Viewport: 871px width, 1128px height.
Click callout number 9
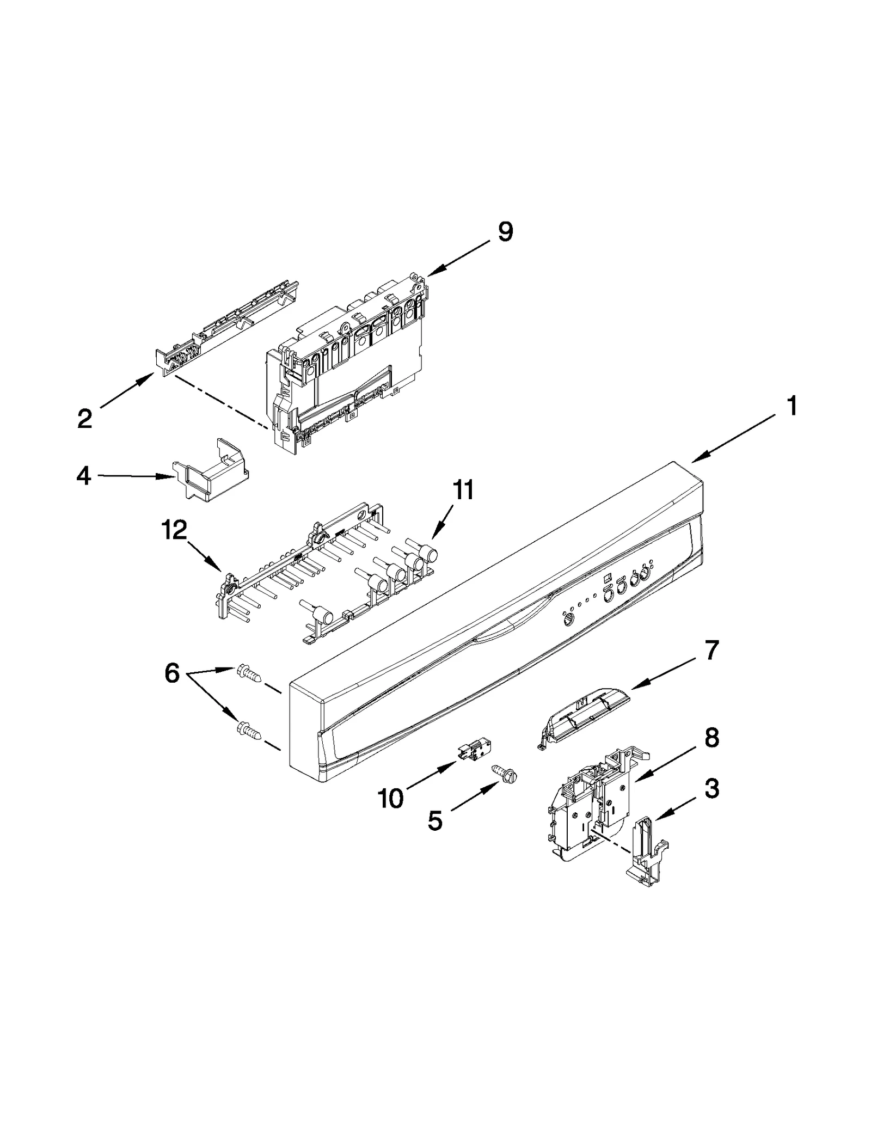505,233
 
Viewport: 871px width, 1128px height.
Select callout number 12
174,530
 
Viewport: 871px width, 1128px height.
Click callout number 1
793,406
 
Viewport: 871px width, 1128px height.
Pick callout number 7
712,650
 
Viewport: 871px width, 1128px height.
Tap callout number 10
390,799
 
